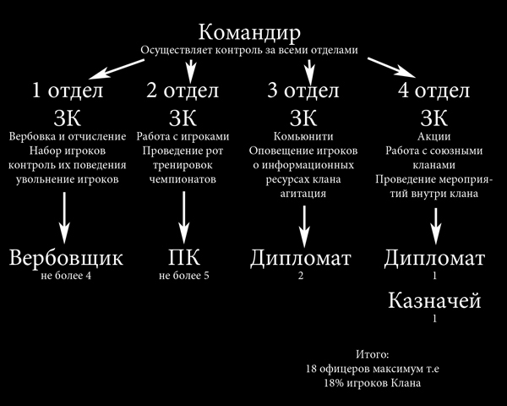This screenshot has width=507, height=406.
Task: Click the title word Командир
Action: click(x=249, y=34)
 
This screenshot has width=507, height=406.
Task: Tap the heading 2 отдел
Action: click(x=183, y=90)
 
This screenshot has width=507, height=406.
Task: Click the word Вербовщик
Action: click(x=66, y=256)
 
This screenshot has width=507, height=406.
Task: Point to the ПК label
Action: click(x=183, y=256)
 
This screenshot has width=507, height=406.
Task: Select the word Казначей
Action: click(x=434, y=301)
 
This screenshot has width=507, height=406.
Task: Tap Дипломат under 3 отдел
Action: click(x=301, y=256)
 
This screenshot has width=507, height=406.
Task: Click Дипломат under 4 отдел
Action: click(x=434, y=256)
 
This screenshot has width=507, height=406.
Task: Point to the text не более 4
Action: click(x=65, y=277)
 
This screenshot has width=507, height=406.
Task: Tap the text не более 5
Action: click(x=183, y=277)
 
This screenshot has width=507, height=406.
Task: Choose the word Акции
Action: click(x=433, y=136)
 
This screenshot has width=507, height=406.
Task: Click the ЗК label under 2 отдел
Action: click(x=183, y=116)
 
